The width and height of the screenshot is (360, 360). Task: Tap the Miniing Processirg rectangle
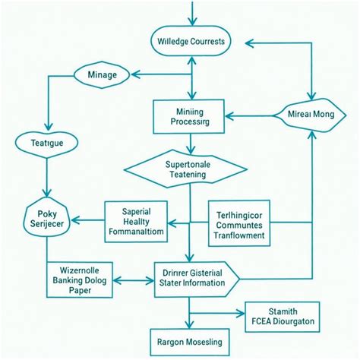click(188, 115)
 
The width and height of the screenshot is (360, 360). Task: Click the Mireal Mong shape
click(312, 115)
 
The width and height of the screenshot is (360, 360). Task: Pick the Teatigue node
click(47, 142)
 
